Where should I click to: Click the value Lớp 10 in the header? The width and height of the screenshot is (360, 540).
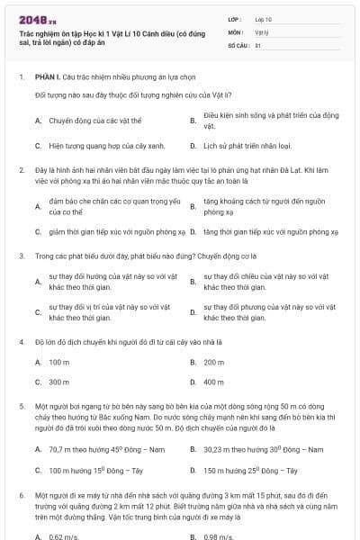pyautogui.click(x=264, y=18)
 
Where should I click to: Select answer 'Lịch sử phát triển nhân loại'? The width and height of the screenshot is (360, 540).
pyautogui.click(x=246, y=144)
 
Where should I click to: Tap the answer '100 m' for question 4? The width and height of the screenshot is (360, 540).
pyautogui.click(x=59, y=362)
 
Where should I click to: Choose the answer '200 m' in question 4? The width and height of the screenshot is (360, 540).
pyautogui.click(x=214, y=362)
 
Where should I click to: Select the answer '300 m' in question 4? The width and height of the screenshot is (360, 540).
pyautogui.click(x=59, y=382)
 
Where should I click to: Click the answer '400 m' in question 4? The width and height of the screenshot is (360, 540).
pyautogui.click(x=214, y=382)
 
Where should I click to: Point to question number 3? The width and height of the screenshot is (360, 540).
pyautogui.click(x=21, y=256)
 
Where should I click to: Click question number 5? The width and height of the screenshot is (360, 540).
pyautogui.click(x=21, y=409)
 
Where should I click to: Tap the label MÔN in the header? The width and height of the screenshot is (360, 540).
pyautogui.click(x=235, y=31)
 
